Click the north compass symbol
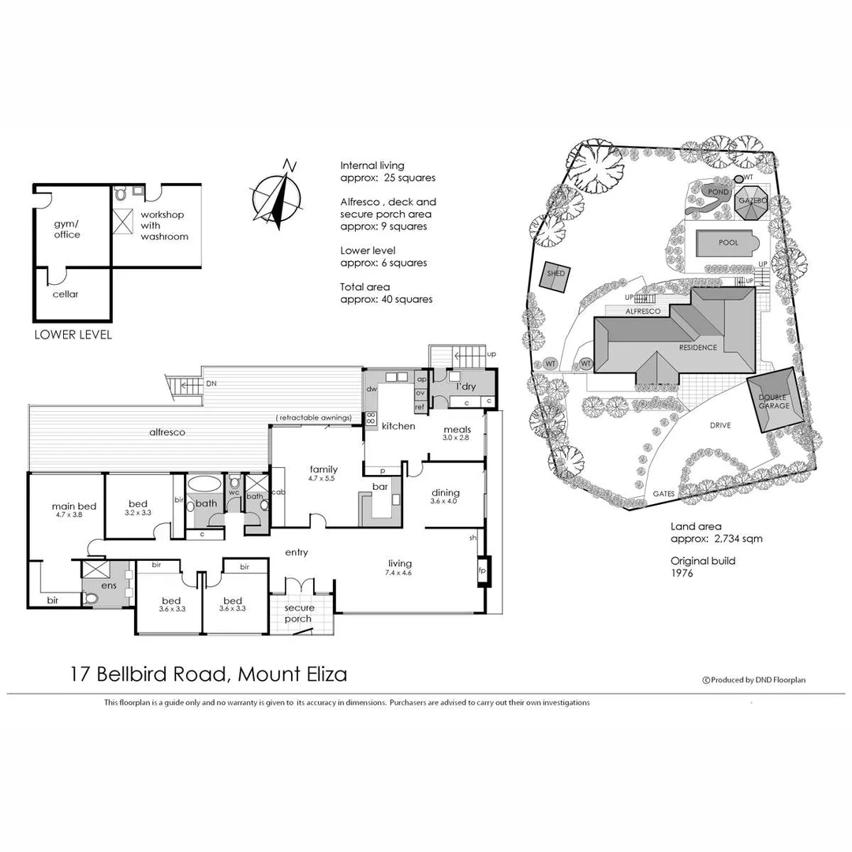click(x=277, y=194)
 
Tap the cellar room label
click(x=66, y=294)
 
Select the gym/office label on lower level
click(x=67, y=229)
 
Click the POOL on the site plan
click(x=728, y=243)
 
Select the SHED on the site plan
click(x=557, y=274)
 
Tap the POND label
click(x=719, y=191)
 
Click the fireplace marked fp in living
click(x=481, y=569)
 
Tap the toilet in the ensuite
click(x=92, y=599)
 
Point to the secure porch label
click(x=300, y=613)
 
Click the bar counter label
click(x=380, y=488)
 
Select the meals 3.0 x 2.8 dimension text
click(x=457, y=438)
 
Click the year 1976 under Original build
click(x=683, y=573)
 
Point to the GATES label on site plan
click(x=663, y=494)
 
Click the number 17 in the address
click(x=79, y=674)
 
